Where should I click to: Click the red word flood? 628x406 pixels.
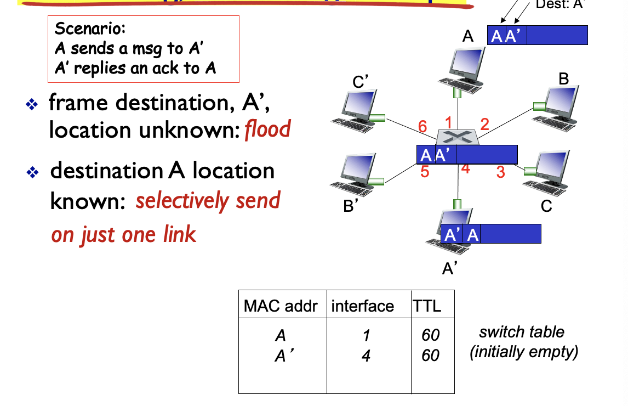[267, 130]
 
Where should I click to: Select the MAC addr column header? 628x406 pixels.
[281, 306]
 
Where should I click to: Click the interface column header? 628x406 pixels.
[362, 306]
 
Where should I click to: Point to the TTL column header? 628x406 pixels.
[426, 306]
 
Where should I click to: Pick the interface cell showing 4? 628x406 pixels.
[366, 356]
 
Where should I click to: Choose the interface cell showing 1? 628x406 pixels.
[366, 335]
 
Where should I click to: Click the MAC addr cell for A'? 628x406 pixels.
[281, 356]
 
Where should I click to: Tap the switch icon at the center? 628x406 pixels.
[458, 137]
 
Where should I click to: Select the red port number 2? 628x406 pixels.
[484, 123]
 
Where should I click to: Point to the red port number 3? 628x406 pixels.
[500, 172]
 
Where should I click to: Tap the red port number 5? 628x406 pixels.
[425, 172]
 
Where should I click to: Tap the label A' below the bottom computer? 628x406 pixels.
[450, 268]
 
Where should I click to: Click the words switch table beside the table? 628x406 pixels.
[521, 332]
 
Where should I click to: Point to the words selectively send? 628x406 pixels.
[208, 201]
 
